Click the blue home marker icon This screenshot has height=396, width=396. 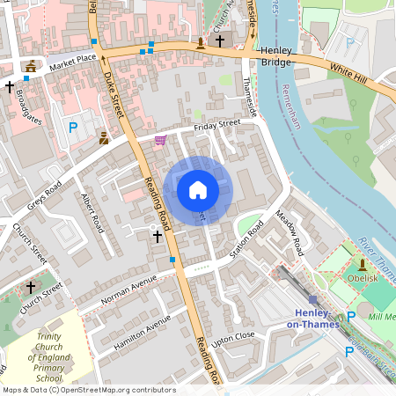tap(198, 190)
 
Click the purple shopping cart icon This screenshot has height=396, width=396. tap(159, 140)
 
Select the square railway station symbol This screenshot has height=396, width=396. tap(312, 299)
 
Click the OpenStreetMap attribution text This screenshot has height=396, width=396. tap(88, 390)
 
